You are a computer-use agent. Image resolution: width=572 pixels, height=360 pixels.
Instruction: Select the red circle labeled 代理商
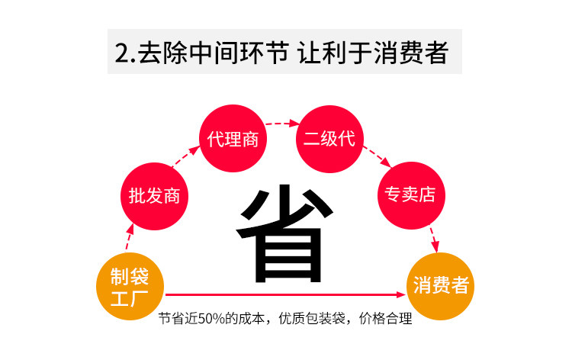(x=233, y=140)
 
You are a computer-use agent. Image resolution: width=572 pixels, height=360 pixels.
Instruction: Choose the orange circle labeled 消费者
(x=441, y=284)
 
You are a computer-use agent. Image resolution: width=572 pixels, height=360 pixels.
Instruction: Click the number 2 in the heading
(x=121, y=53)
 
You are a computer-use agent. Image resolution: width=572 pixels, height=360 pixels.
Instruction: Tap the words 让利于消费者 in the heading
(x=374, y=53)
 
